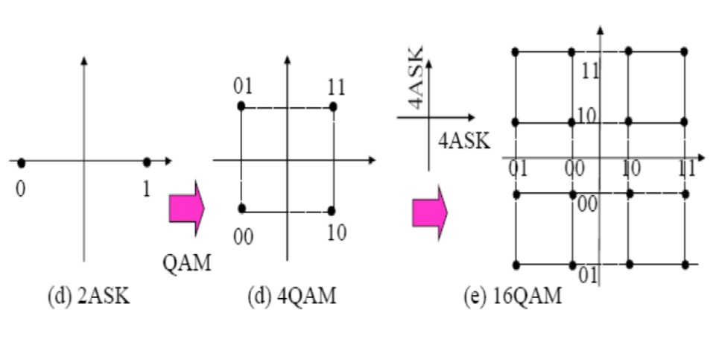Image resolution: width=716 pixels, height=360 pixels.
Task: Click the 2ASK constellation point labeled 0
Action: (22, 162)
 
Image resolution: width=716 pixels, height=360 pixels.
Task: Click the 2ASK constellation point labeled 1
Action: (147, 162)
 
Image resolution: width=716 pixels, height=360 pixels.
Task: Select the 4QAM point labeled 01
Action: (241, 107)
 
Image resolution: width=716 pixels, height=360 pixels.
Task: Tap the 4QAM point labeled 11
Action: (333, 107)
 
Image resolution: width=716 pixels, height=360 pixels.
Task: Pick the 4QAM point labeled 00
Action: (241, 208)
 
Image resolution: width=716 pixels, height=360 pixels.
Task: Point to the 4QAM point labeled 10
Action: (332, 210)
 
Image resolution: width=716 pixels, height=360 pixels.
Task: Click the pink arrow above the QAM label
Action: (186, 208)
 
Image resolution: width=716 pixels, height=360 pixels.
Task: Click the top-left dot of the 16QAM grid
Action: (515, 51)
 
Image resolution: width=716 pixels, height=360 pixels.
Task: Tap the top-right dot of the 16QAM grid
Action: (684, 51)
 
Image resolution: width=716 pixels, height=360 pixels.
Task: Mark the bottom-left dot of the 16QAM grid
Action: (515, 265)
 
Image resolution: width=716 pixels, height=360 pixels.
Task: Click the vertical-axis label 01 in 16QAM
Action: (589, 275)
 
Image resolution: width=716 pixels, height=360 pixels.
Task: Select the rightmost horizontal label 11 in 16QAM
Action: (686, 168)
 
